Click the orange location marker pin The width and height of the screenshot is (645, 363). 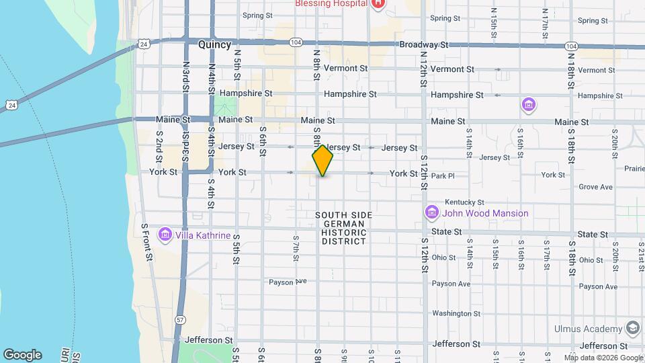click(x=322, y=160)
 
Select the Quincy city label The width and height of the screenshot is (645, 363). click(x=214, y=45)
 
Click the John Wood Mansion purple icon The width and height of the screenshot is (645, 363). click(x=431, y=213)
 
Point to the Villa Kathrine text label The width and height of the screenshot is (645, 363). click(x=203, y=236)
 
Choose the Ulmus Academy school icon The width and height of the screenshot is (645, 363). click(x=632, y=328)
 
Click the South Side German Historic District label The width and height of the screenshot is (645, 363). click(x=343, y=227)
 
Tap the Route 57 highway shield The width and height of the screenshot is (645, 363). click(x=179, y=320)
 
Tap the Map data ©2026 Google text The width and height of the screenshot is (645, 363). click(x=603, y=357)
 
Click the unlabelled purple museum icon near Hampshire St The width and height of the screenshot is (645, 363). click(x=529, y=105)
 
